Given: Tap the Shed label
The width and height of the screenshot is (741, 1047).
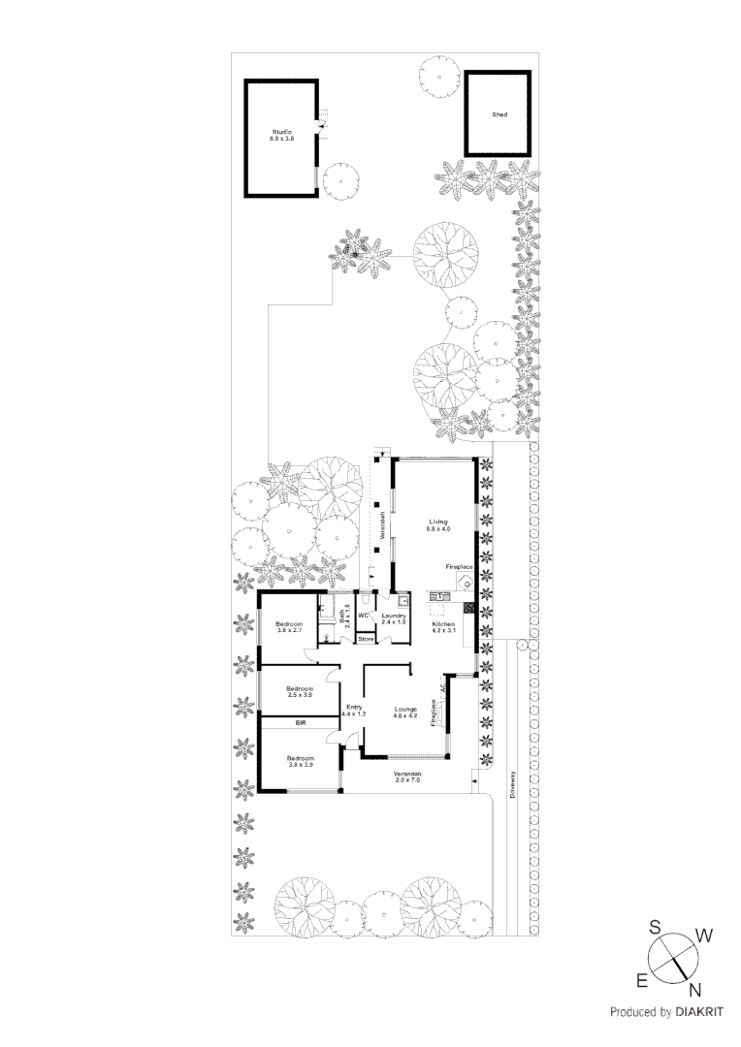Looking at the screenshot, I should (x=499, y=114).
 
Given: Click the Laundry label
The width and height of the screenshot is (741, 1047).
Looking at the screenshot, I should (x=393, y=618).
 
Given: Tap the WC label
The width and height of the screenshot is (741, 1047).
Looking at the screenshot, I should (x=364, y=616).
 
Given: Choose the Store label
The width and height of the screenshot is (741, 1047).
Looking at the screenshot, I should (x=366, y=640).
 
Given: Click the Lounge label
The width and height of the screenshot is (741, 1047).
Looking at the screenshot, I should (x=405, y=712).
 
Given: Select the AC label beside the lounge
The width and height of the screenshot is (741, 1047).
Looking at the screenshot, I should (x=443, y=688).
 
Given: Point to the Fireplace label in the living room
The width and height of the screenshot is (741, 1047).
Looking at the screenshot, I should (x=459, y=565).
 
